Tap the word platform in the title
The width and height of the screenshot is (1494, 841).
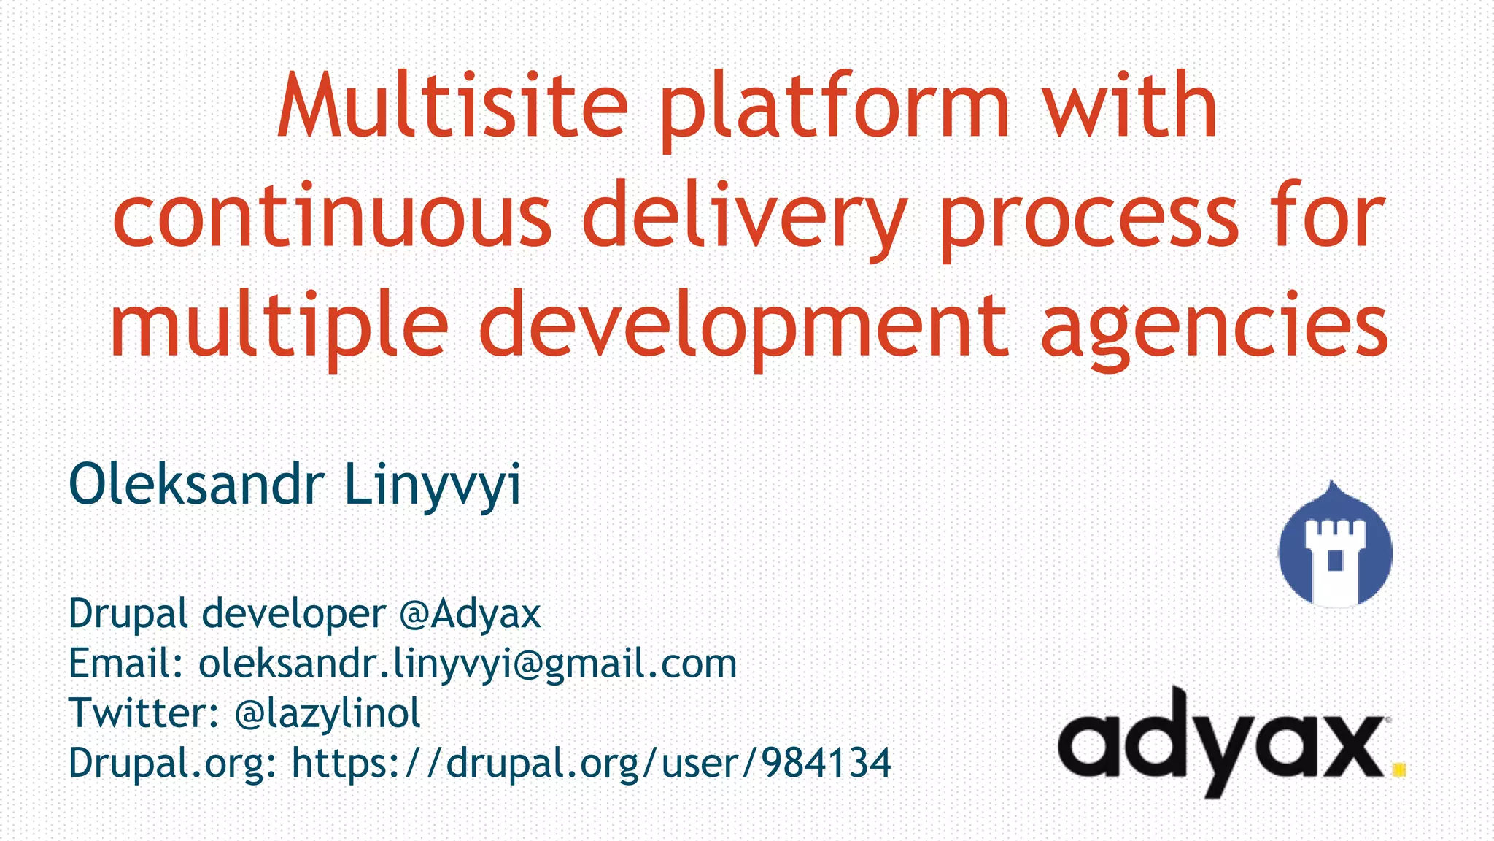pyautogui.click(x=835, y=110)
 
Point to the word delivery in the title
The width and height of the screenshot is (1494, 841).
pyautogui.click(x=744, y=217)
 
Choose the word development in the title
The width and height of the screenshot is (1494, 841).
pyautogui.click(x=744, y=326)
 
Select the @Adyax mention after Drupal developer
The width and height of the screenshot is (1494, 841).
pyautogui.click(x=470, y=614)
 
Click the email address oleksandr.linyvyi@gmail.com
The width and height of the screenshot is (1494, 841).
pyautogui.click(x=468, y=664)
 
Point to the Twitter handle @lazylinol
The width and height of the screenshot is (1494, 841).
pyautogui.click(x=328, y=713)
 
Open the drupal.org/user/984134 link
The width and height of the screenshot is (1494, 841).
pyautogui.click(x=591, y=764)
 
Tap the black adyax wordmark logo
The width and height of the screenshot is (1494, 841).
pyautogui.click(x=1222, y=741)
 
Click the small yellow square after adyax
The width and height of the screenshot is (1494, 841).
pyautogui.click(x=1398, y=769)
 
